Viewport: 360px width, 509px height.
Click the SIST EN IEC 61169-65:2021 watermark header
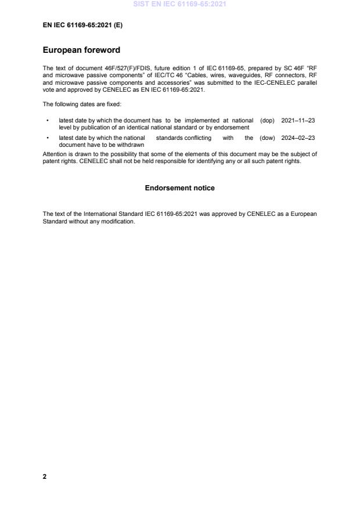coord(179,4)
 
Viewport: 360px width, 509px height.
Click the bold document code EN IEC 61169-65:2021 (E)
coord(82,26)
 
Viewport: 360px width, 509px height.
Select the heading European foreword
coord(81,50)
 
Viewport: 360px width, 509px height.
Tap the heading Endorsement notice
coord(179,188)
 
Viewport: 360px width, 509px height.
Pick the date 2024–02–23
coord(299,138)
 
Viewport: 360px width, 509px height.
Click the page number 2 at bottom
coord(45,476)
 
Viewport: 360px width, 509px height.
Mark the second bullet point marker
coord(46,138)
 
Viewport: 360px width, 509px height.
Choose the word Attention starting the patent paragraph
coord(55,154)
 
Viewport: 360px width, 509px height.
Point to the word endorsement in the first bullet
coord(233,127)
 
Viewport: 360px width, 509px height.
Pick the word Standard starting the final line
coord(55,221)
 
